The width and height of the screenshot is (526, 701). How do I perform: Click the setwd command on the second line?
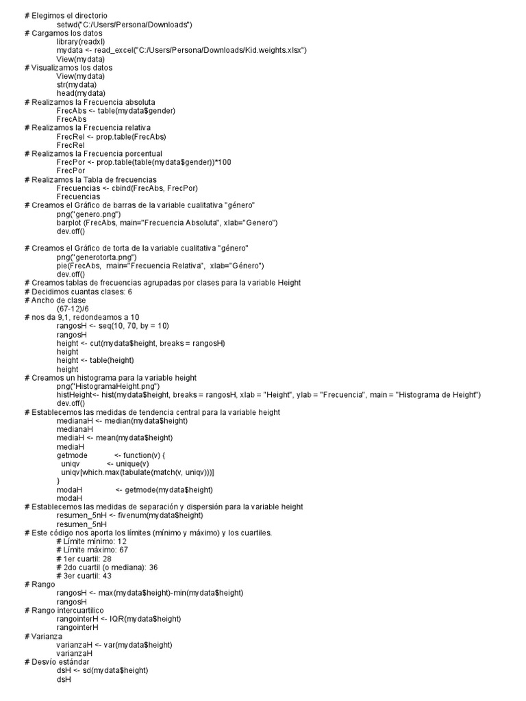point(124,25)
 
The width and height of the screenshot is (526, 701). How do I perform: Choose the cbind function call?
point(159,188)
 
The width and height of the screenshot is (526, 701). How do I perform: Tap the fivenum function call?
point(158,515)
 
